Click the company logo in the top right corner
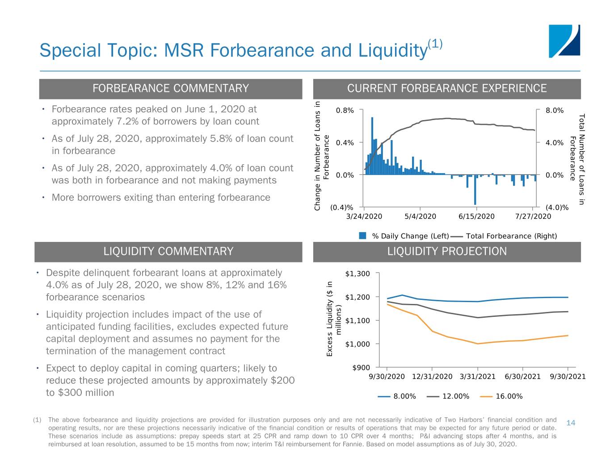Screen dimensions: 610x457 pyautogui.click(x=564, y=41)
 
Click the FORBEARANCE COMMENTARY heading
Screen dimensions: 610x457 pyautogui.click(x=171, y=88)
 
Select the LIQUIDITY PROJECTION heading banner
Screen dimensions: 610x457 pyautogui.click(x=446, y=252)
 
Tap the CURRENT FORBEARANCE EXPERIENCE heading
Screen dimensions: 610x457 pyautogui.click(x=446, y=88)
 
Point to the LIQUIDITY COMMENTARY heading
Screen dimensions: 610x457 pyautogui.click(x=168, y=251)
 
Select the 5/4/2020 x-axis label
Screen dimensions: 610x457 pyautogui.click(x=420, y=216)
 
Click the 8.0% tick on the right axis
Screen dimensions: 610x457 pyautogui.click(x=555, y=110)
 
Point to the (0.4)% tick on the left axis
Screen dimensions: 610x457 pyautogui.click(x=341, y=208)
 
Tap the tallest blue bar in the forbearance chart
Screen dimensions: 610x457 pyautogui.click(x=372, y=146)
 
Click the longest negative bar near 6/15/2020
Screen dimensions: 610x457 pyautogui.click(x=475, y=190)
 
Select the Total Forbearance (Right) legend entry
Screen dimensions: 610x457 pyautogui.click(x=504, y=236)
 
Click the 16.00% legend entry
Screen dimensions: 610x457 pyautogui.click(x=501, y=396)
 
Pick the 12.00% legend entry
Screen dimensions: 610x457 pyautogui.click(x=448, y=396)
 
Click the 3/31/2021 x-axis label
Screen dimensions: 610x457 pyautogui.click(x=477, y=377)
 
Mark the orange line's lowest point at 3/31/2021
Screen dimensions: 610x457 pyautogui.click(x=478, y=344)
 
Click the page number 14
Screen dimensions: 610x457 pyautogui.click(x=571, y=423)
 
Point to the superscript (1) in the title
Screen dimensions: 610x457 pyautogui.click(x=435, y=44)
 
